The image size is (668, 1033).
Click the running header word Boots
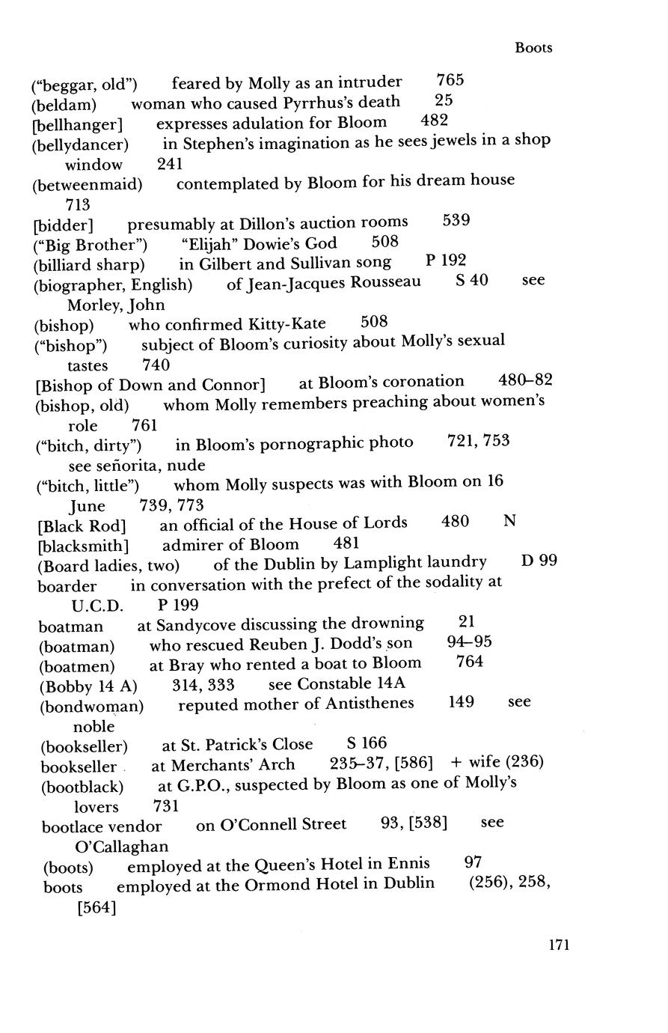point(533,48)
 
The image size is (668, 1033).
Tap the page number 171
point(559,945)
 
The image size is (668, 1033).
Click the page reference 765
point(450,81)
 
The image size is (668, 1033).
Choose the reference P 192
point(446,261)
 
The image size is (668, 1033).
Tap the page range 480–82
point(525,380)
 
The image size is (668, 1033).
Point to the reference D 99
point(539,561)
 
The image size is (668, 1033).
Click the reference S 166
point(367,743)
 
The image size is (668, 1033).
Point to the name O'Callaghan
point(122,847)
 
